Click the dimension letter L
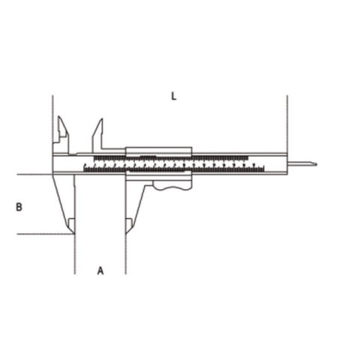click(173, 96)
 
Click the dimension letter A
click(100, 270)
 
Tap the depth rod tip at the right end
click(315, 164)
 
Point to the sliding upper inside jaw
click(97, 133)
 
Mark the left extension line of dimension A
click(75, 255)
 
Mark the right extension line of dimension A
click(125, 255)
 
